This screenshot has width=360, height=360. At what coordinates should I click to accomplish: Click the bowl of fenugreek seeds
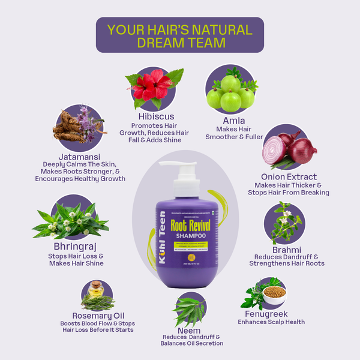coord(274,294)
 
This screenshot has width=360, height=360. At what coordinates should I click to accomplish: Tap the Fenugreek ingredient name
coord(266,314)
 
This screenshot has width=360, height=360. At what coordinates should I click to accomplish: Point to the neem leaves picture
coord(188,308)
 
